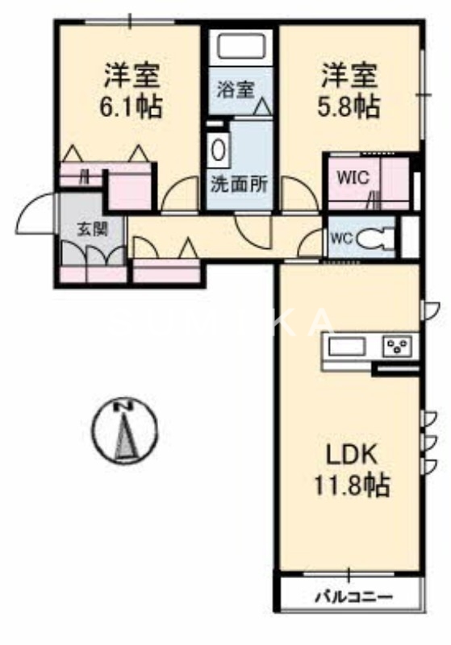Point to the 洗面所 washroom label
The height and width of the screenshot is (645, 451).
[x=240, y=183]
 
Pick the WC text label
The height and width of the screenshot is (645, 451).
[x=340, y=237]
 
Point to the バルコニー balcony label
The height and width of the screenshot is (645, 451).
[x=352, y=597]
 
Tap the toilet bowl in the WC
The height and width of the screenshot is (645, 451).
[x=375, y=238]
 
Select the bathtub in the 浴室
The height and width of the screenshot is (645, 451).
[x=243, y=47]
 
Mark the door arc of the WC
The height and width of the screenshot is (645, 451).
[x=311, y=243]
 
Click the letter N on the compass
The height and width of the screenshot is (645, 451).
[x=123, y=406]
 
